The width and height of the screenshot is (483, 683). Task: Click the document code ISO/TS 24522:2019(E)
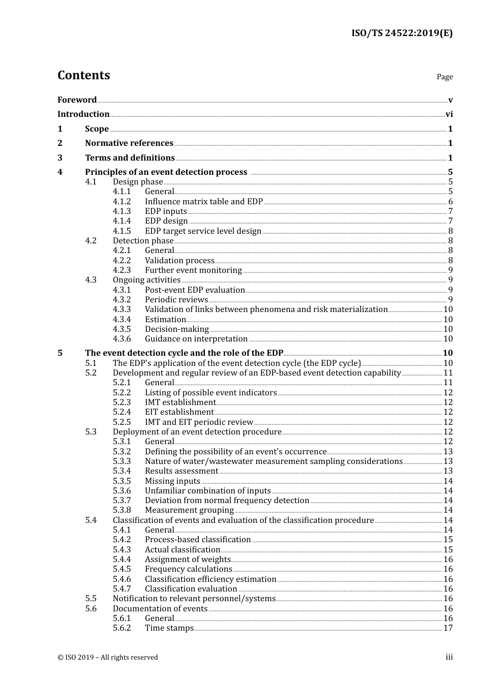pyautogui.click(x=402, y=33)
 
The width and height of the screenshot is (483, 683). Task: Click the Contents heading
pyautogui.click(x=83, y=75)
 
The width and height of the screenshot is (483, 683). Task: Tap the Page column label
pyautogui.click(x=444, y=77)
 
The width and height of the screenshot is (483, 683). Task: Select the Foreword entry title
pyautogui.click(x=77, y=100)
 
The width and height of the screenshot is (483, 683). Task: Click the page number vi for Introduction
pyautogui.click(x=449, y=114)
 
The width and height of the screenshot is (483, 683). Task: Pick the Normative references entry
pyautogui.click(x=129, y=143)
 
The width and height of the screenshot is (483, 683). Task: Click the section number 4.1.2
pyautogui.click(x=122, y=201)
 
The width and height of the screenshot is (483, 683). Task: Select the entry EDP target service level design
pyautogui.click(x=203, y=231)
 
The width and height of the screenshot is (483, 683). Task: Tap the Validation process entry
pyautogui.click(x=179, y=260)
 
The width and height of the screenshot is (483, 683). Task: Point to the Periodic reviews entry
pyautogui.click(x=176, y=299)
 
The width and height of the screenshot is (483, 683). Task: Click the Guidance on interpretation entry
pyautogui.click(x=196, y=339)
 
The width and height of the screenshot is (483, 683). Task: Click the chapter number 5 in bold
pyautogui.click(x=60, y=353)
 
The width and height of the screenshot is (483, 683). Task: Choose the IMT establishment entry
pyautogui.click(x=180, y=402)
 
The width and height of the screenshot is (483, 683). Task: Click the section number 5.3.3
pyautogui.click(x=122, y=461)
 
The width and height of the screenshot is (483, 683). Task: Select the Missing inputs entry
pyautogui.click(x=172, y=481)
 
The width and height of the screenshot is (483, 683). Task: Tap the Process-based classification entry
pyautogui.click(x=198, y=540)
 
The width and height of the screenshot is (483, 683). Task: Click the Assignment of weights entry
pyautogui.click(x=188, y=560)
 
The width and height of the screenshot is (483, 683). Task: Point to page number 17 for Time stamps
pyautogui.click(x=448, y=628)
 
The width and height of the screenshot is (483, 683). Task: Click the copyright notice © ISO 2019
pyautogui.click(x=108, y=657)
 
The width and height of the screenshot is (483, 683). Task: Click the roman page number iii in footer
pyautogui.click(x=449, y=657)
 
